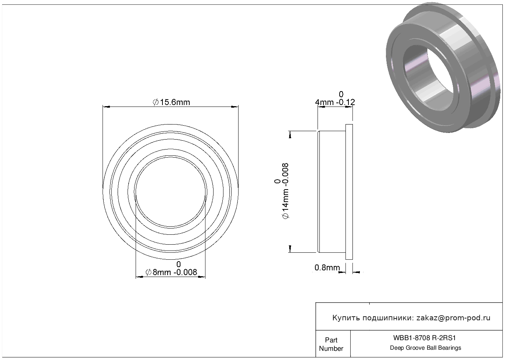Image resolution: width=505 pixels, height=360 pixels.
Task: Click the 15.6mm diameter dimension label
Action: click(171, 102)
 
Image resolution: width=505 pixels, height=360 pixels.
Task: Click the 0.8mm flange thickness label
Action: click(327, 267)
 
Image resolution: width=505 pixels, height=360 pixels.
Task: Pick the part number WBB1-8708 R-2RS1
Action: click(425, 338)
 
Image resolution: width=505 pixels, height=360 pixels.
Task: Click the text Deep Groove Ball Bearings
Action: click(425, 348)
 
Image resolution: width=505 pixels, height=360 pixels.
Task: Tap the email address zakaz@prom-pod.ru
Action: click(453, 318)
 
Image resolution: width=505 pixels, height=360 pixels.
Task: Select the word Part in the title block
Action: click(331, 340)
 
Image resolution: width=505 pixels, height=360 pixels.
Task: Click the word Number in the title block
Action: click(331, 348)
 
